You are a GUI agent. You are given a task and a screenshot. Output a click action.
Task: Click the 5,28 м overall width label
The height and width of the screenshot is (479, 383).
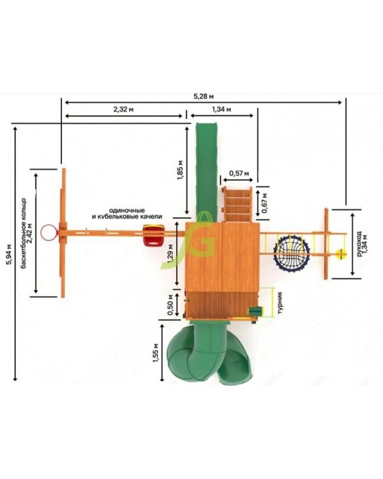tap(204, 96)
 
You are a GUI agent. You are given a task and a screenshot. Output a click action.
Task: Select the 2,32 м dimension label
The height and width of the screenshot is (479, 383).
tap(123, 109)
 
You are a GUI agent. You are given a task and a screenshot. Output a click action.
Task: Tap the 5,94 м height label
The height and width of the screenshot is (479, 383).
tap(10, 254)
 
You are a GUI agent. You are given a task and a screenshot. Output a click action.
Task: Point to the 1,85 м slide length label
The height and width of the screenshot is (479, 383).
tap(180, 170)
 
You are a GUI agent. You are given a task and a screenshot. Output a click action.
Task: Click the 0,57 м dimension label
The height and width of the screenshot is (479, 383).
tap(239, 174)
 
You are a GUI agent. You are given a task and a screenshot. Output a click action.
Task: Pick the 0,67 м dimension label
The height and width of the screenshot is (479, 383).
tap(264, 203)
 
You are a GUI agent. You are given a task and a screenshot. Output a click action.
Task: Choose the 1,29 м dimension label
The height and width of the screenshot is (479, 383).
tap(170, 254)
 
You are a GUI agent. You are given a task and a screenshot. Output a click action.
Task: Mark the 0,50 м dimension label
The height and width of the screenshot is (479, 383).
tap(170, 304)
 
